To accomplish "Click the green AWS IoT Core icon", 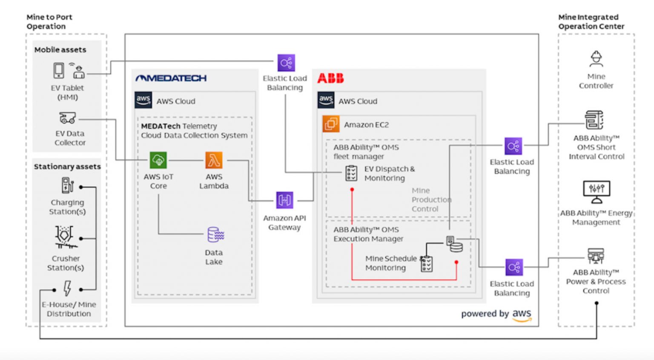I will point(158,160).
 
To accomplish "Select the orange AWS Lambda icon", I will point(214,160).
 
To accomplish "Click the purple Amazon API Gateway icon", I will point(284,200).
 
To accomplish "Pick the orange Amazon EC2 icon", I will point(331,124).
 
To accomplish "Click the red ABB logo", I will point(330,78).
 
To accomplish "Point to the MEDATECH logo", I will point(171,78).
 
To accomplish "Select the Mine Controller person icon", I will point(596,59).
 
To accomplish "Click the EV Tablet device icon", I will point(59,70).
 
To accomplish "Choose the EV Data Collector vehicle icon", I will point(67,118).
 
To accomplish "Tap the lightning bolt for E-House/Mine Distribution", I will point(67,289).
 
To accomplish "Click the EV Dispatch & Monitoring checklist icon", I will point(351,173).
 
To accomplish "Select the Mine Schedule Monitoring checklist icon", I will point(427,264).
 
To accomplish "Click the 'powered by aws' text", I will point(496,314).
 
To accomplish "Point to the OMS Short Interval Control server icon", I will point(594,120).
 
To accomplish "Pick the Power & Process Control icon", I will point(596,256).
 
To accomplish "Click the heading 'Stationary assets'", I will point(67,167).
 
